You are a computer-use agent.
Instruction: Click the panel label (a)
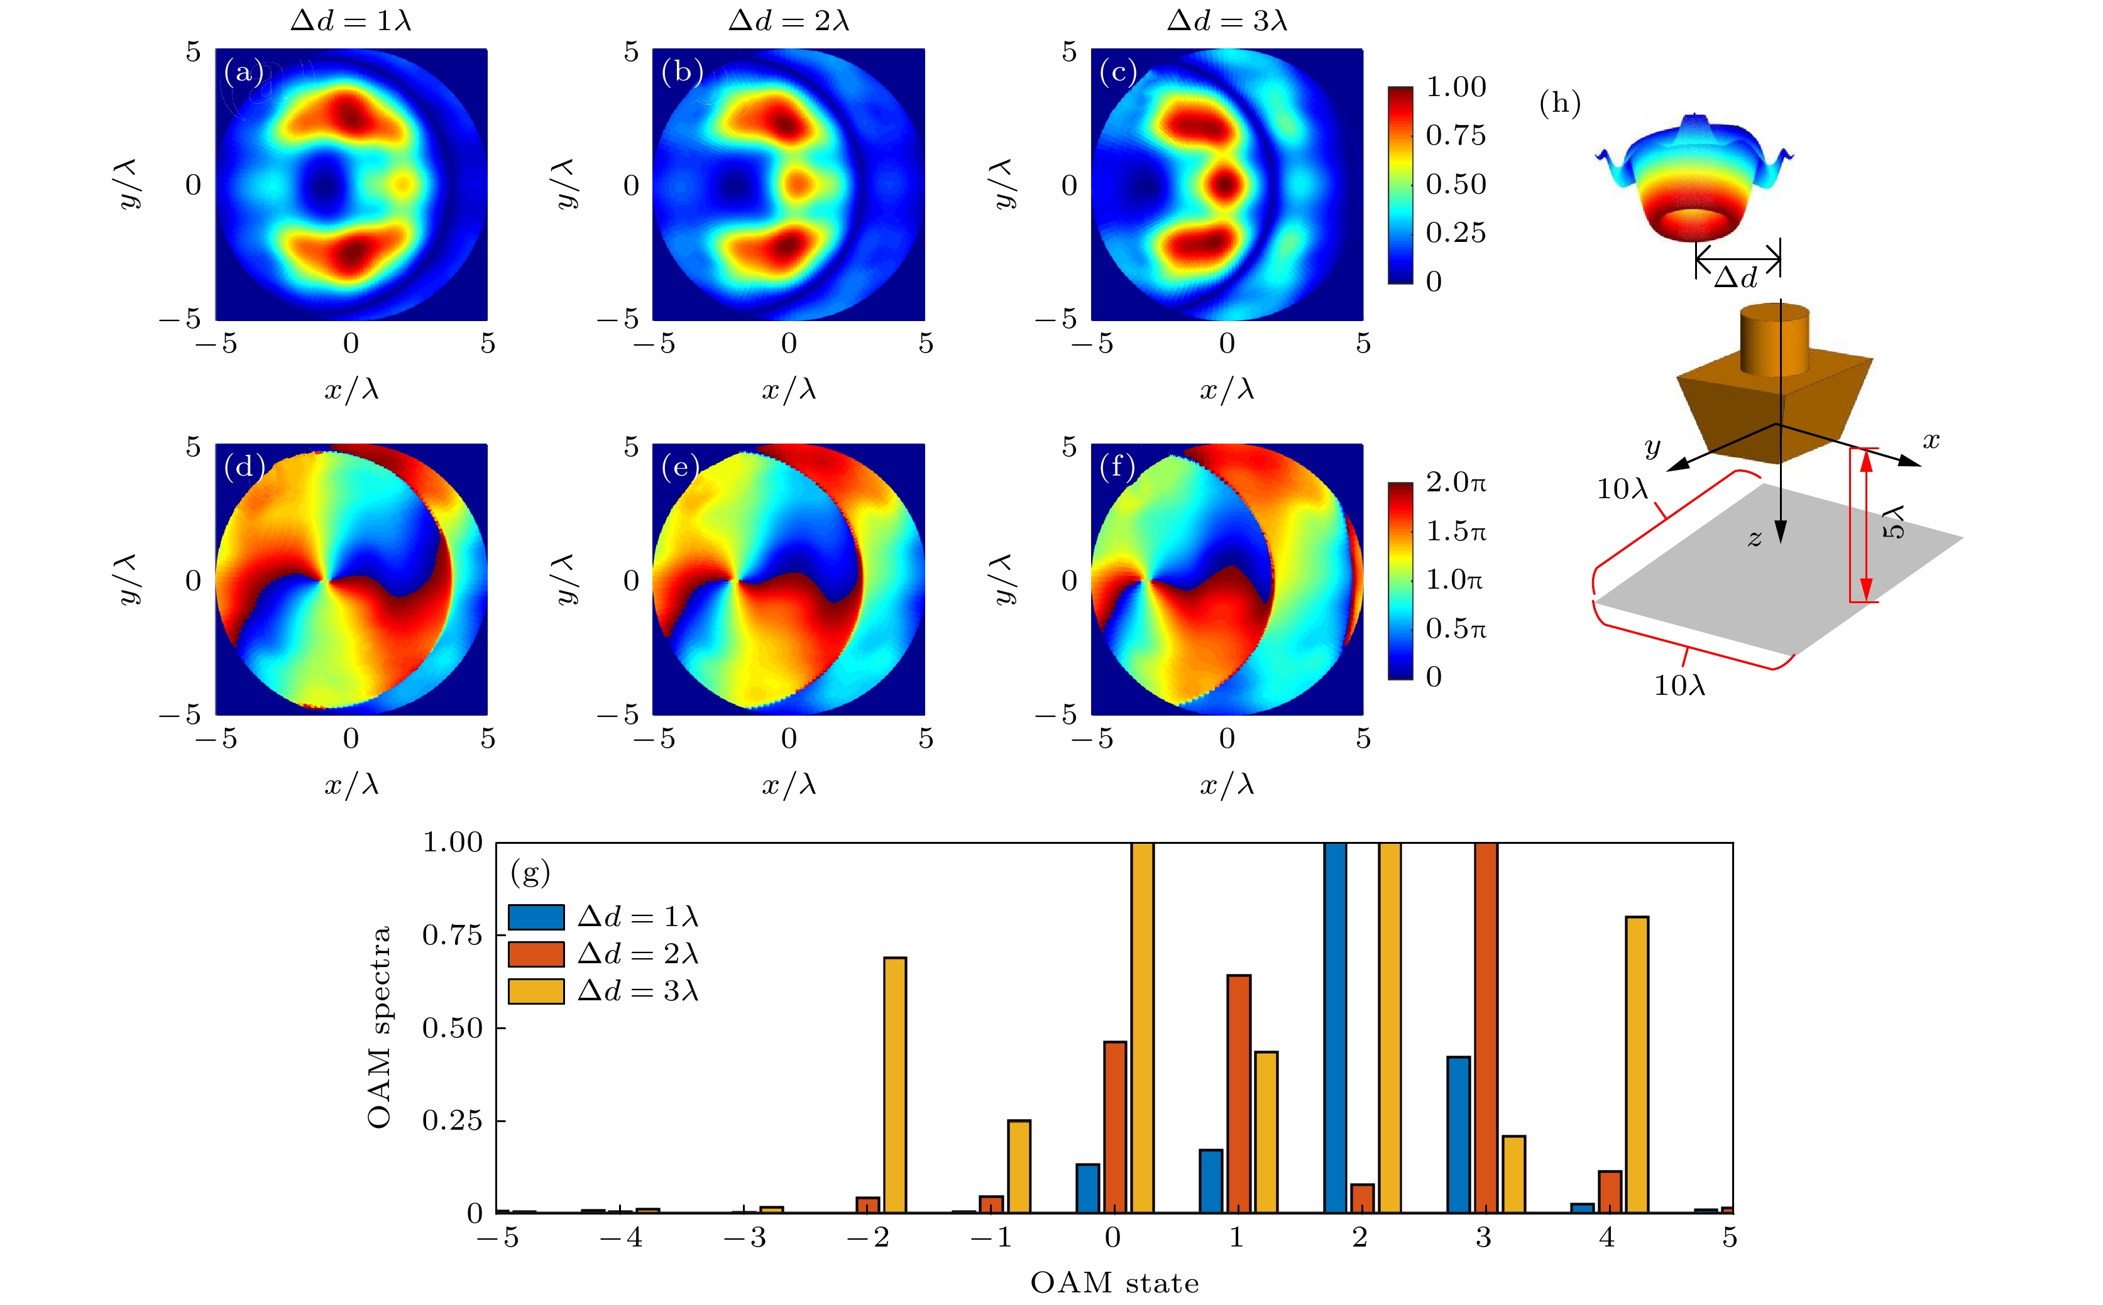click(x=243, y=72)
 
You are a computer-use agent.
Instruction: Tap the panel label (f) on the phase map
click(x=1117, y=467)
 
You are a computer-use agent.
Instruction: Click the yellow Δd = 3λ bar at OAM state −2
click(x=895, y=1084)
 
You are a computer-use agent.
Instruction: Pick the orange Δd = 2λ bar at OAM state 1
click(x=1238, y=1093)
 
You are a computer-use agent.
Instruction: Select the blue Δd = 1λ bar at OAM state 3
click(x=1458, y=1133)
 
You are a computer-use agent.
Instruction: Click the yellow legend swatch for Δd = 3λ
click(x=535, y=991)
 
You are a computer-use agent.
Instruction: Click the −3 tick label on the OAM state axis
click(x=744, y=1238)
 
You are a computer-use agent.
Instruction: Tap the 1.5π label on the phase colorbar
click(x=1456, y=531)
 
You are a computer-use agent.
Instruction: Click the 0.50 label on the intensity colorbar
click(x=1456, y=184)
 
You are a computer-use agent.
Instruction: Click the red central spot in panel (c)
click(x=1225, y=184)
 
